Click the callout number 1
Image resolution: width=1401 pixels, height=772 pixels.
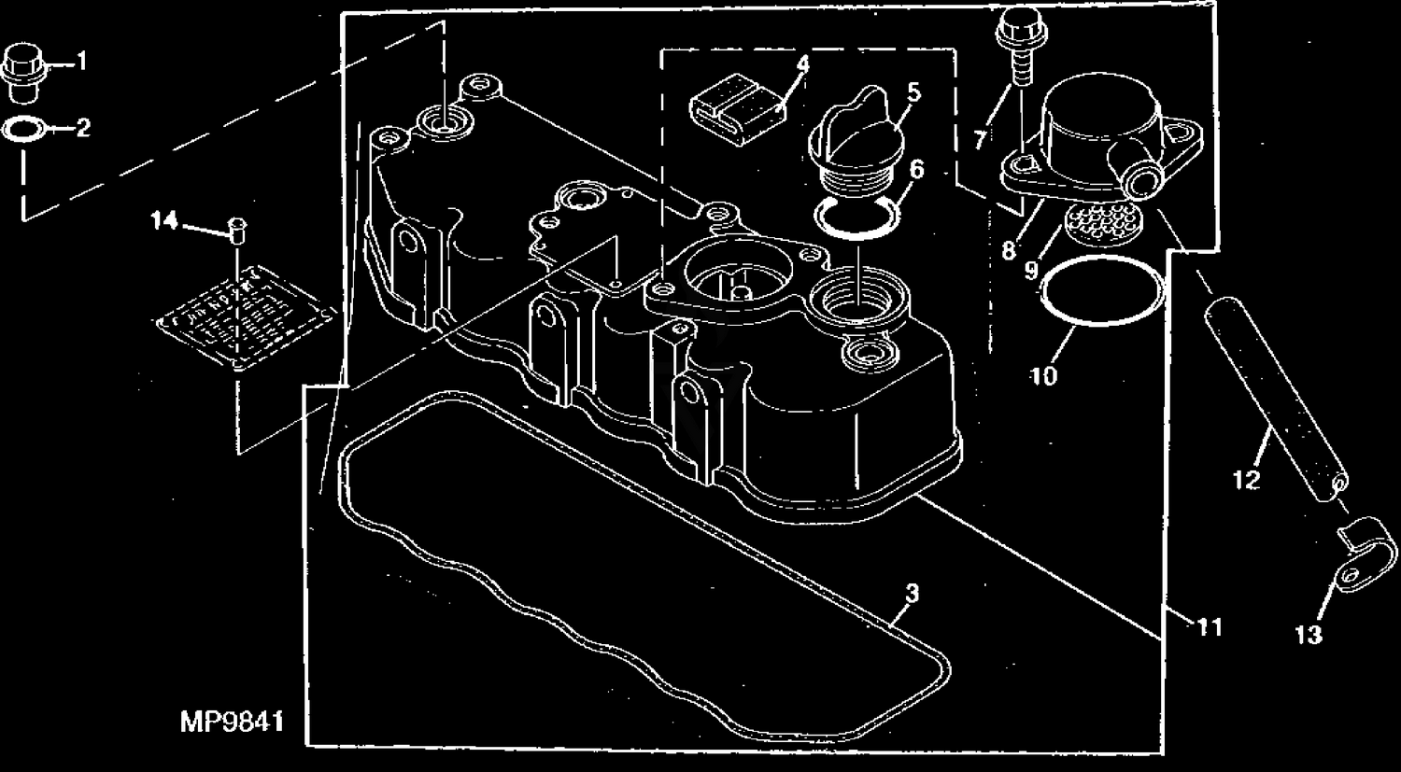tap(81, 63)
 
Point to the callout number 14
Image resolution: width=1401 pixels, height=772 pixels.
tap(164, 221)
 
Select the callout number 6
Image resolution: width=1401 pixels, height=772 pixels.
tap(917, 169)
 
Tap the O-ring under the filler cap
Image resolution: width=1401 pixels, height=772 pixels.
tap(856, 217)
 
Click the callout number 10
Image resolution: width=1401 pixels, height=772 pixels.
tap(1044, 376)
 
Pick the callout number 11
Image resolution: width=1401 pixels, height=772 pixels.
tap(1210, 628)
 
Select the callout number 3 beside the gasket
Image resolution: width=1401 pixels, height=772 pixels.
tap(912, 593)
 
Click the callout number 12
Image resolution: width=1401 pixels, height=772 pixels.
tap(1246, 481)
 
